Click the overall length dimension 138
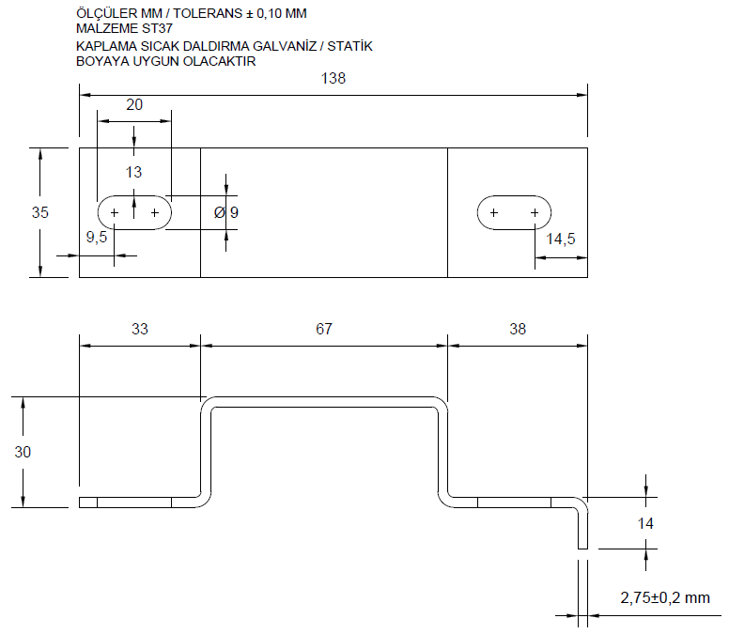[x=333, y=79]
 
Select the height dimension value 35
[x=40, y=212]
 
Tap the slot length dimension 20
[x=134, y=105]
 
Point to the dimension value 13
[x=133, y=172]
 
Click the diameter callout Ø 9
[x=226, y=212]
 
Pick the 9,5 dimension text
[x=97, y=238]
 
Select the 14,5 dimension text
[x=561, y=239]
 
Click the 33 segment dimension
[x=139, y=329]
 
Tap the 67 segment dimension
[x=324, y=329]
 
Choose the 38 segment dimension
[x=517, y=329]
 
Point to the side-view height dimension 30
[x=23, y=452]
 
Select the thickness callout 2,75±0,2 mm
[x=666, y=597]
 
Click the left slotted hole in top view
[x=134, y=213]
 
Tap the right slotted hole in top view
[x=514, y=213]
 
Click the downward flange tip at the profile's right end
[x=583, y=543]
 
